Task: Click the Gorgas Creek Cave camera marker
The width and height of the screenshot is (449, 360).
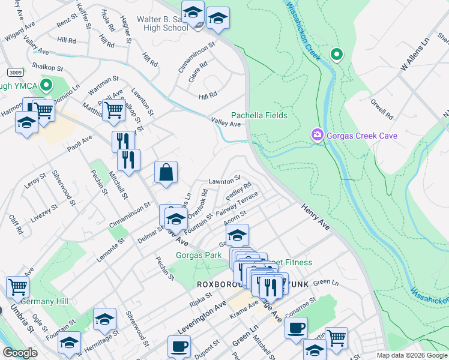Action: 317,136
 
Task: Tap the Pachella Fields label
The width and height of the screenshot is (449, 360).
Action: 259,115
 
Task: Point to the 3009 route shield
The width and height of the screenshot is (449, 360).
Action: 16,72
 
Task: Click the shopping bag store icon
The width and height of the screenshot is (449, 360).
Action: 166,172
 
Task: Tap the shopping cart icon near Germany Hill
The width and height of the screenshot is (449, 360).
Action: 17,287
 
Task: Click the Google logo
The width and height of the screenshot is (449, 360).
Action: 20,353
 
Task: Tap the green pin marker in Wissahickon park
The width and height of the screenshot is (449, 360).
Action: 337,55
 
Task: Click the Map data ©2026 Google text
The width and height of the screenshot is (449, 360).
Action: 412,355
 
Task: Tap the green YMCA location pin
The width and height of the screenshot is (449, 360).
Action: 43,85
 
